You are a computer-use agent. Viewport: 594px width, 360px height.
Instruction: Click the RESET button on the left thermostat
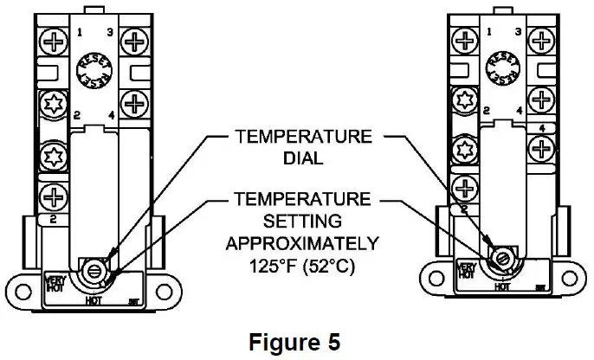(x=89, y=67)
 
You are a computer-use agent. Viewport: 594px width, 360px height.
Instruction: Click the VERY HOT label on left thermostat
(x=52, y=282)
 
